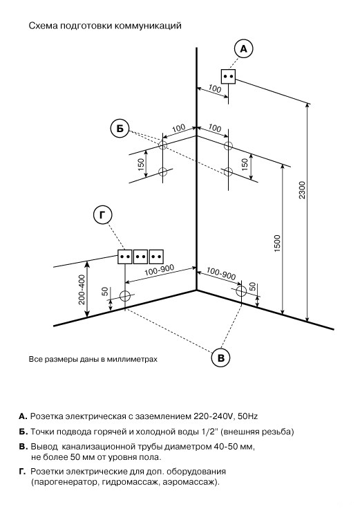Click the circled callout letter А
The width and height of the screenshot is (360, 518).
(243, 49)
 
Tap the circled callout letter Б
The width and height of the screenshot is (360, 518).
(120, 129)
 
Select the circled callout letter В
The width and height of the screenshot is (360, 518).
(220, 358)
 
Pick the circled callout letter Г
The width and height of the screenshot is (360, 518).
(103, 215)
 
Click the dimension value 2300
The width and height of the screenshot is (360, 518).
(302, 190)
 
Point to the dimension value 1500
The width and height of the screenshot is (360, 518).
(277, 243)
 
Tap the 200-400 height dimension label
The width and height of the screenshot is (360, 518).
(82, 290)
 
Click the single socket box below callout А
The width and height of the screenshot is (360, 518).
(228, 76)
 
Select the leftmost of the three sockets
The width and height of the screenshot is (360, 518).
(125, 257)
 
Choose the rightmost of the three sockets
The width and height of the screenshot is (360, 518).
(156, 257)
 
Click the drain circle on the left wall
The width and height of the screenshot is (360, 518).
(125, 296)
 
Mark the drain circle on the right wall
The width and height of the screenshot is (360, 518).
(242, 290)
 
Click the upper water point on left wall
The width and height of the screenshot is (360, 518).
(162, 145)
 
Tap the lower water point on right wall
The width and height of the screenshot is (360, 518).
(228, 172)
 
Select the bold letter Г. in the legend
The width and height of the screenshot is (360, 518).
(22, 472)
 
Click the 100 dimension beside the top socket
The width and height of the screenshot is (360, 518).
(215, 89)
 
